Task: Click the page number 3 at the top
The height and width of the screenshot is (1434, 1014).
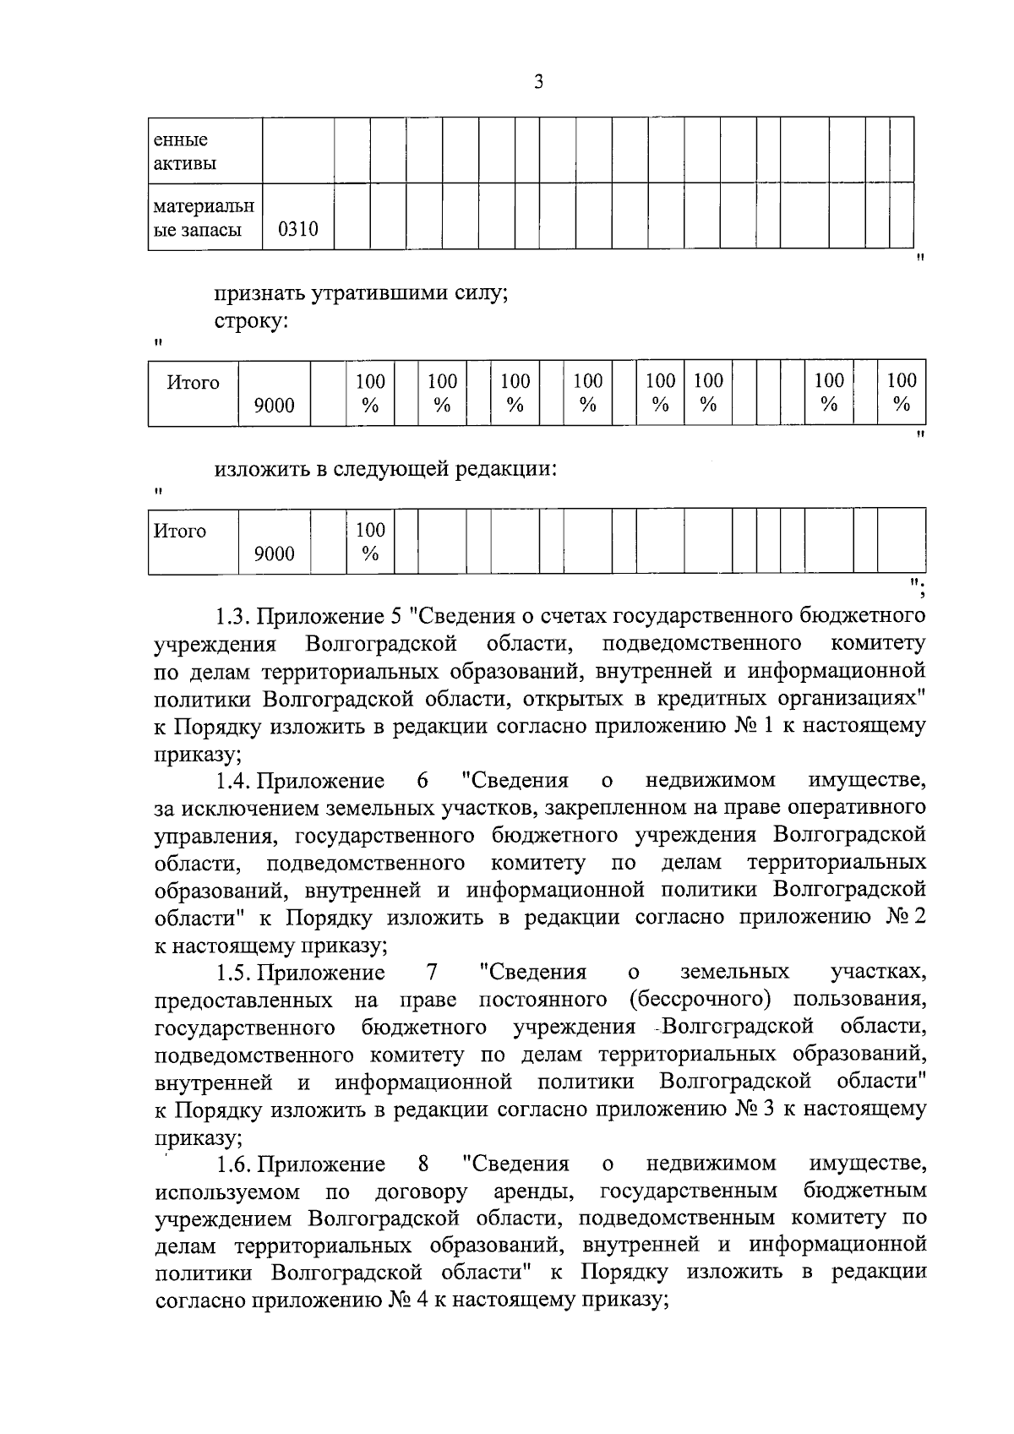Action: (x=538, y=82)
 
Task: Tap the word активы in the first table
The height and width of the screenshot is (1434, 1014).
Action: (x=184, y=163)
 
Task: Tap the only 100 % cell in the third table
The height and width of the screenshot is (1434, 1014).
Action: (x=369, y=542)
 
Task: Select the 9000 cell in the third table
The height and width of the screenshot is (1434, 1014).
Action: (x=275, y=554)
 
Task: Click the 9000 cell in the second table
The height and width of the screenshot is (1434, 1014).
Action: (x=275, y=406)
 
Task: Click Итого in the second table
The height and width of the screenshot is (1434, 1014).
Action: (x=193, y=383)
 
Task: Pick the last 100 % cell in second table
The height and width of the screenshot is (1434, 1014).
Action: (x=902, y=393)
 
